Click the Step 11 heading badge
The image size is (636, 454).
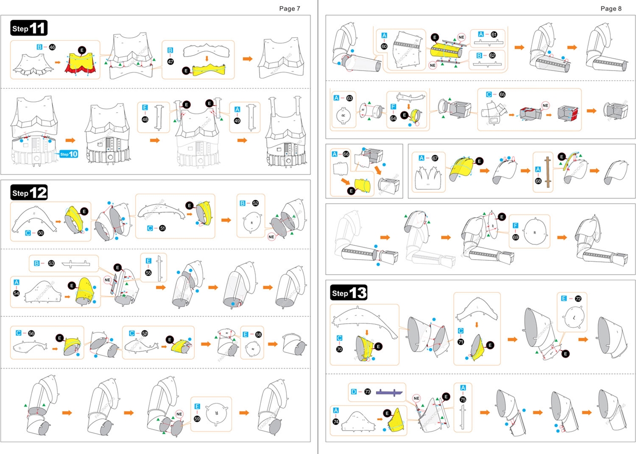29,28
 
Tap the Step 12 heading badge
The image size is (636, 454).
29,192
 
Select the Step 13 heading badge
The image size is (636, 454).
349,293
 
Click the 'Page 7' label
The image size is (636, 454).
290,8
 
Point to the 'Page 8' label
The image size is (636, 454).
611,8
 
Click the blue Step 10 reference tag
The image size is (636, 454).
69,154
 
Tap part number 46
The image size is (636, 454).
52,46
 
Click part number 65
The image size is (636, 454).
502,94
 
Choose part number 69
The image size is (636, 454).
516,238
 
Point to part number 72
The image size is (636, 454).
578,299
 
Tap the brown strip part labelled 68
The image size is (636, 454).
548,172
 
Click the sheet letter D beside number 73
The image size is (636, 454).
354,392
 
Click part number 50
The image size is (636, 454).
41,232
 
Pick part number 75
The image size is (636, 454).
463,399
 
